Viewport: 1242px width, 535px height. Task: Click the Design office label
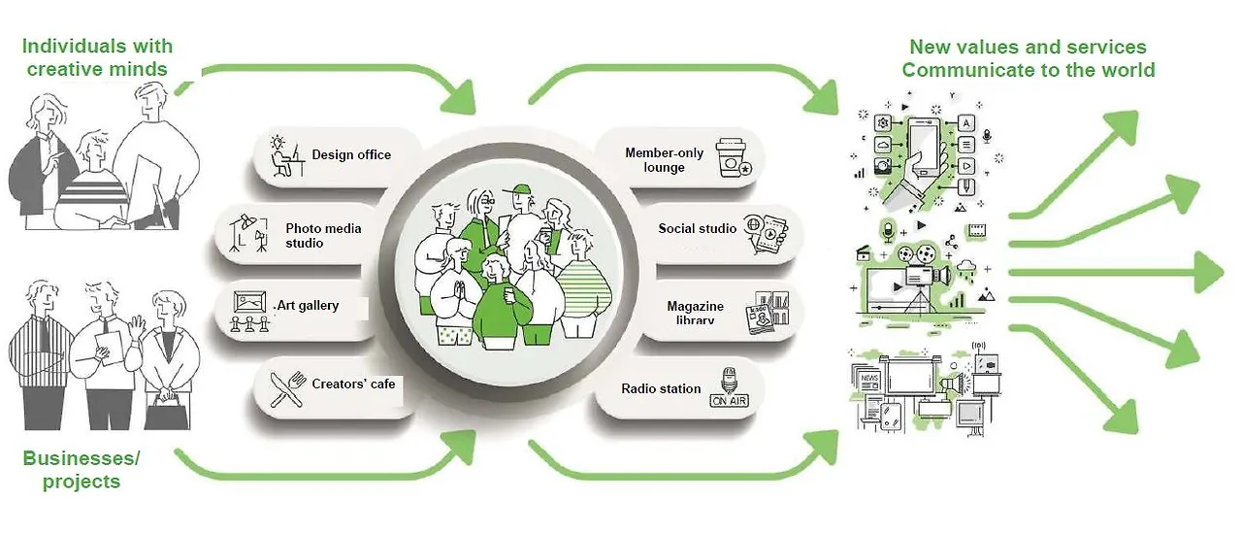[351, 154]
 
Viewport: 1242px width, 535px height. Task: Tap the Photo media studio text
[323, 235]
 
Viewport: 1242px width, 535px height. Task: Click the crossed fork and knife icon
[286, 388]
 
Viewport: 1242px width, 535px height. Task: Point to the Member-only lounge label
[664, 160]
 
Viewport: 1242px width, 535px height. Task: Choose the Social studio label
[697, 228]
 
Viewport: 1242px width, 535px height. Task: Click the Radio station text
[661, 388]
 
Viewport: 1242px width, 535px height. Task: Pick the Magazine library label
[695, 313]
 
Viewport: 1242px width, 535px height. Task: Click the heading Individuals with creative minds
[97, 57]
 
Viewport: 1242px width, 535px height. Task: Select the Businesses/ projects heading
[82, 469]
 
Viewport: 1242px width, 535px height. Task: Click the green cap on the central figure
[523, 189]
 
